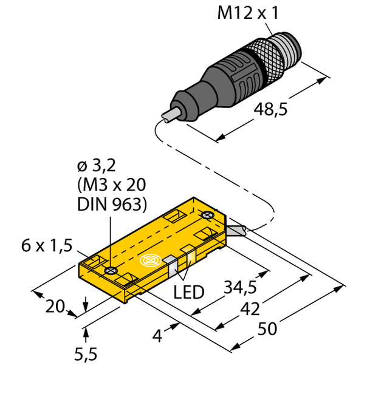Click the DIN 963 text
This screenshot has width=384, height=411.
pos(112,205)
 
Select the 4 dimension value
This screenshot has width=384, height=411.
pos(157,335)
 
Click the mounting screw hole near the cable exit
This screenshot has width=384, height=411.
pos(208,215)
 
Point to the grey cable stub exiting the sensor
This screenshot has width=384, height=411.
pos(238,229)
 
